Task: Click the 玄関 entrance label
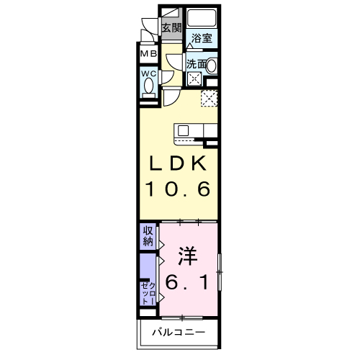[171, 28]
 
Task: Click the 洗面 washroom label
[196, 64]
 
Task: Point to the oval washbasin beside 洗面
[213, 66]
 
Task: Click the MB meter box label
[149, 54]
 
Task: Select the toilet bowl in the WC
[149, 86]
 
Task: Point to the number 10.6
[179, 190]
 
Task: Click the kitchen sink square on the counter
[183, 130]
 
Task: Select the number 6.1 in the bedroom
[189, 284]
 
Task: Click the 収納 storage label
[147, 235]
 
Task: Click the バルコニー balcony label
[178, 333]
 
